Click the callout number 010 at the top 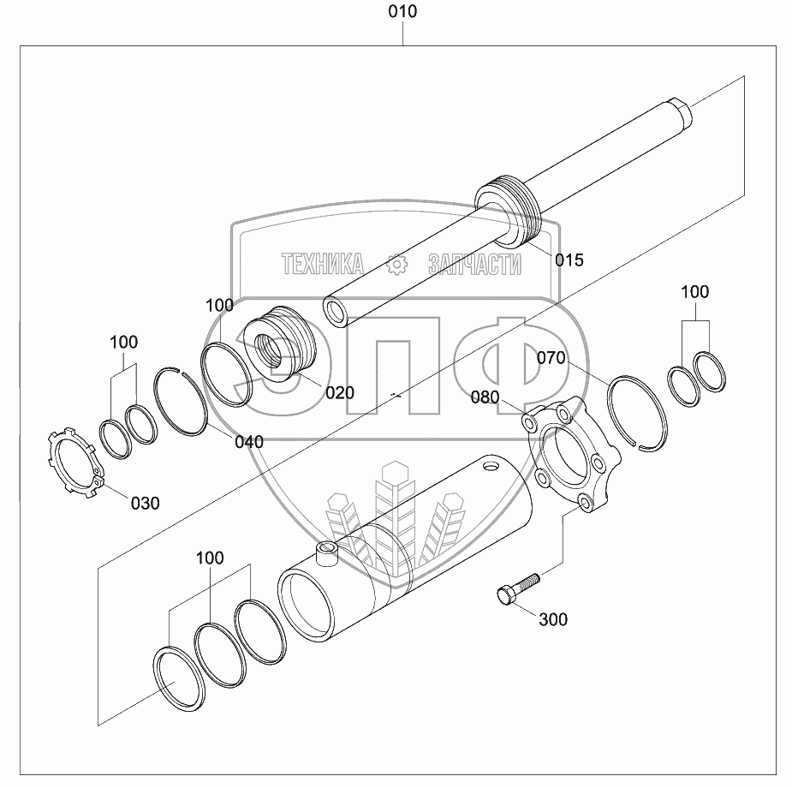(x=402, y=12)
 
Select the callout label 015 (x=569, y=260)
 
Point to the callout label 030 (x=145, y=503)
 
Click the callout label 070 (x=551, y=358)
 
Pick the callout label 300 (x=552, y=619)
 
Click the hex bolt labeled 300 (x=516, y=588)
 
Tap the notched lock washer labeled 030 (x=72, y=461)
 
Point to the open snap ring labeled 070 (x=636, y=410)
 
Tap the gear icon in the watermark (x=396, y=264)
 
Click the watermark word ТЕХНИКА (x=323, y=265)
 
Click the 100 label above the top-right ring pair (x=694, y=292)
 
